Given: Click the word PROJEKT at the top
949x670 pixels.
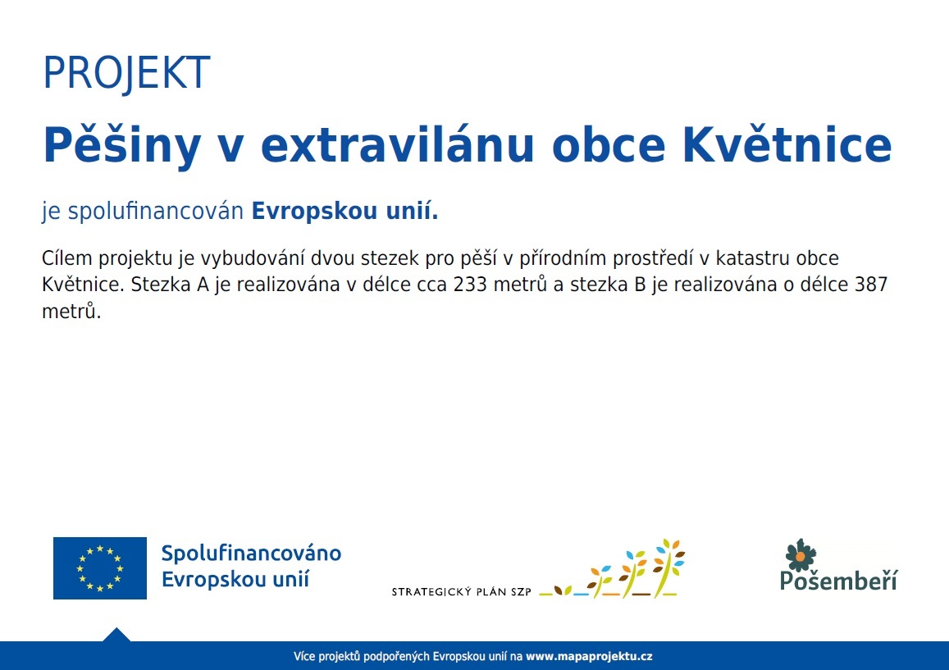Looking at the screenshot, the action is [126, 73].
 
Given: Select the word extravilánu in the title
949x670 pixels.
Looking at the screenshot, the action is [397, 145].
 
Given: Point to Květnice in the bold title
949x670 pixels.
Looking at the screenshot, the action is [787, 144].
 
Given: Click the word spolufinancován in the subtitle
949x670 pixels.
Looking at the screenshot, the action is [156, 212].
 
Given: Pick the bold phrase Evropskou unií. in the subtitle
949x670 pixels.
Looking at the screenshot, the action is [344, 211].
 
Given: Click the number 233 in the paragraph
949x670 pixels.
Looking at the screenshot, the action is [470, 284].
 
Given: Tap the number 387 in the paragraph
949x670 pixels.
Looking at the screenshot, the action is [870, 284].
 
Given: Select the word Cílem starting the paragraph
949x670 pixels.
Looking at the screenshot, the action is [66, 258].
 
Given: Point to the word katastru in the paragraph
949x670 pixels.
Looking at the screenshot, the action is [753, 258].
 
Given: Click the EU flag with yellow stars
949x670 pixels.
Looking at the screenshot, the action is [100, 567].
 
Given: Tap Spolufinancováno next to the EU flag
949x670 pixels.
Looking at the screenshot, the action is [251, 554].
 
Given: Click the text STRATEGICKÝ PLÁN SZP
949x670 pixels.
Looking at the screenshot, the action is [461, 592].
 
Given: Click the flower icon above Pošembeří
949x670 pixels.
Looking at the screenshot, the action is [800, 555].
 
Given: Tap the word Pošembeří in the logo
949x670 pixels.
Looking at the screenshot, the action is [839, 580].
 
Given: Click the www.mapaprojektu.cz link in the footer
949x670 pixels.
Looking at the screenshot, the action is [589, 656].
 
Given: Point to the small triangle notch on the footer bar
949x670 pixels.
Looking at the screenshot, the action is [116, 635].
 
